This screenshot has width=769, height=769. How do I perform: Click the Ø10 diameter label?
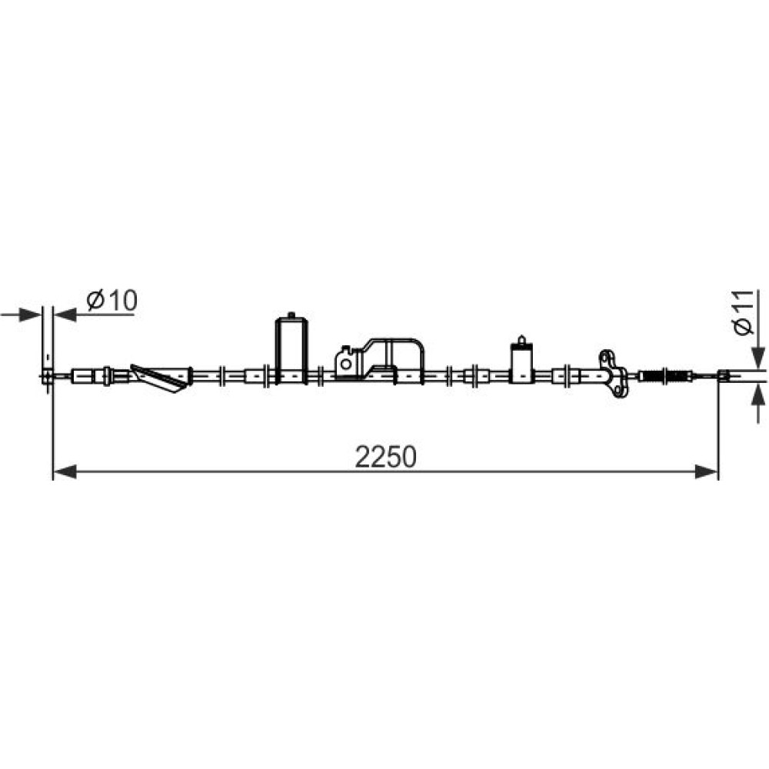click(112, 301)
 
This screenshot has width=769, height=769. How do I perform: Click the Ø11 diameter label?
click(744, 312)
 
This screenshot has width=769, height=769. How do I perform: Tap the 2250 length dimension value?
click(385, 457)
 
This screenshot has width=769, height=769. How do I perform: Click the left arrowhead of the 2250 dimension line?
click(65, 472)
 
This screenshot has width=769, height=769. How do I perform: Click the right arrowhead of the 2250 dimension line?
click(706, 472)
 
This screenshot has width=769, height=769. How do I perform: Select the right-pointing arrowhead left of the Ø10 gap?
click(29, 315)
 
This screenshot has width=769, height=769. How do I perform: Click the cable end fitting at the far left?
click(47, 376)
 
